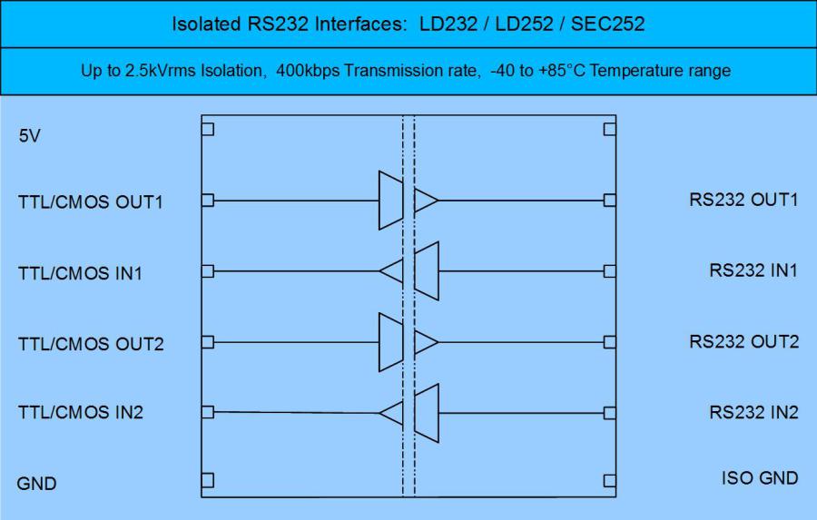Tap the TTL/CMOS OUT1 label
90,201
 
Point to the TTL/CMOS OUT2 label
90,343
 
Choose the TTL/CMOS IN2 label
81,412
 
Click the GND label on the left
36,483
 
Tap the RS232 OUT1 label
743,200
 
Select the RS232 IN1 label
753,270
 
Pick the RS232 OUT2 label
743,341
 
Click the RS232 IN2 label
753,412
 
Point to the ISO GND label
760,478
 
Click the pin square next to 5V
208,129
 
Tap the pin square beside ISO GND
609,479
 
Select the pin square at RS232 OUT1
609,200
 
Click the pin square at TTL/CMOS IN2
208,412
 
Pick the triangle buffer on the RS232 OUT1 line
425,201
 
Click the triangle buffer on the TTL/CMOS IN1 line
392,270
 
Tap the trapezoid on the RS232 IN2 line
427,413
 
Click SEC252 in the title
607,24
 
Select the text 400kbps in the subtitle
314,71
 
